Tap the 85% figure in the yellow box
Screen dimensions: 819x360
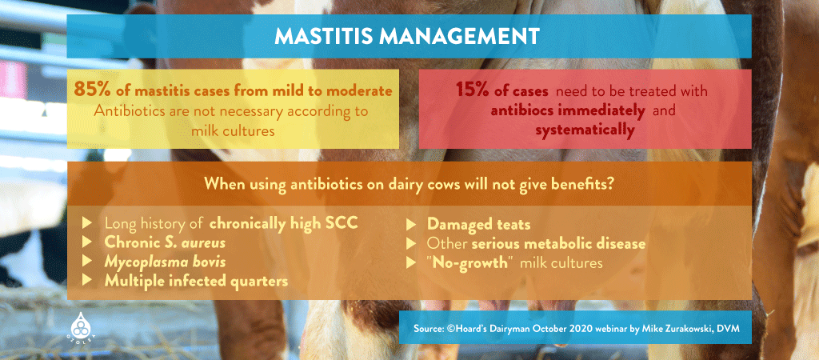(92, 90)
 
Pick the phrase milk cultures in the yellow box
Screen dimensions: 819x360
(233, 131)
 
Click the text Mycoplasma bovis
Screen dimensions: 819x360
(165, 262)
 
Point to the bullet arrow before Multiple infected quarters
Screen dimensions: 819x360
(87, 281)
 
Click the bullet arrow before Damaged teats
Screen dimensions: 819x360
(411, 224)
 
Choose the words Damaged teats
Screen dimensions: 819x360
(479, 224)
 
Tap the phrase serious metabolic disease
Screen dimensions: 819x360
(559, 243)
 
